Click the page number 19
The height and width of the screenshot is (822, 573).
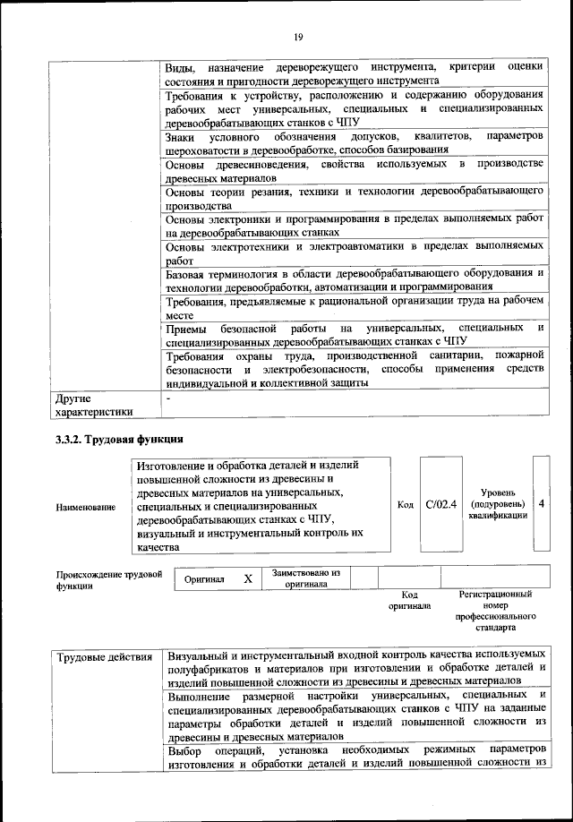tap(298, 36)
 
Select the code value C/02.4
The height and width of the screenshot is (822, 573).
tap(441, 504)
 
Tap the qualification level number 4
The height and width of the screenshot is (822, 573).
tap(542, 504)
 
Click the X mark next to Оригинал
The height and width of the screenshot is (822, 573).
tap(247, 579)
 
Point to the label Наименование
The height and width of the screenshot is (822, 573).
tap(86, 508)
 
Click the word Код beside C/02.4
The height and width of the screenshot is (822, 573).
tap(405, 505)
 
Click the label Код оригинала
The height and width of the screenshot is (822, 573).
tap(409, 600)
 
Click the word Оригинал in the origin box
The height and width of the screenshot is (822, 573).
tap(204, 580)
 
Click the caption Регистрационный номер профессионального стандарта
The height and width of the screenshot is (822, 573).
tap(495, 611)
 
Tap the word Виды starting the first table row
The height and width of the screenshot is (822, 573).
tap(180, 68)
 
